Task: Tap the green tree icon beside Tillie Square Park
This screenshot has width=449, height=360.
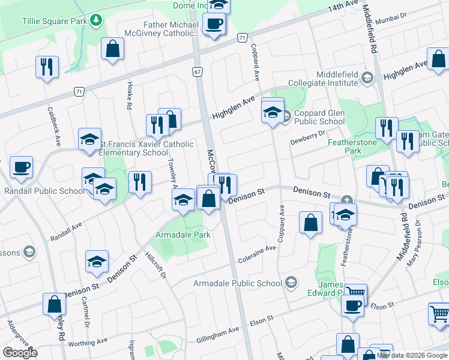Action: coord(96,21)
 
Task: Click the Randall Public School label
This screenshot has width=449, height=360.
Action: coord(44,191)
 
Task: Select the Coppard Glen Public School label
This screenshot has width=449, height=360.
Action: coord(319,117)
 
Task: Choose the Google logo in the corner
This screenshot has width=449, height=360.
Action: coord(20,353)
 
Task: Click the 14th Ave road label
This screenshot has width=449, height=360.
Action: coord(343,8)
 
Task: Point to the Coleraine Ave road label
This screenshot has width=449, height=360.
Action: coord(257,259)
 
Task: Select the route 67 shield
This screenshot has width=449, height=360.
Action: coord(197,71)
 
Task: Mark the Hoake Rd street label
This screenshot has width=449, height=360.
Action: coord(129,96)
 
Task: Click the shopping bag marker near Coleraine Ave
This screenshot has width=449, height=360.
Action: coord(310,223)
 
